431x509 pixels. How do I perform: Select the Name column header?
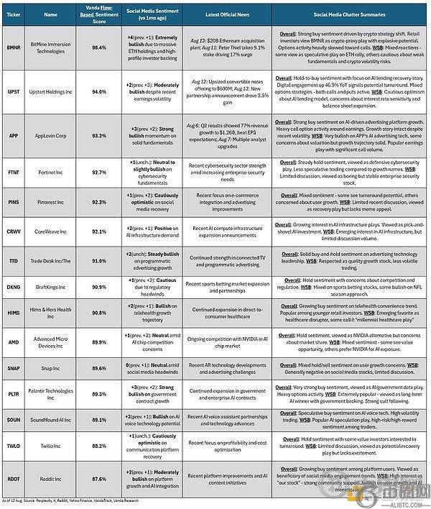50,14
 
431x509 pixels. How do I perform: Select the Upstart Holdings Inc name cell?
50,91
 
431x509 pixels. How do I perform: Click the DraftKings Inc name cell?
50,287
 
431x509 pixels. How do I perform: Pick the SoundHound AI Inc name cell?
50,420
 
